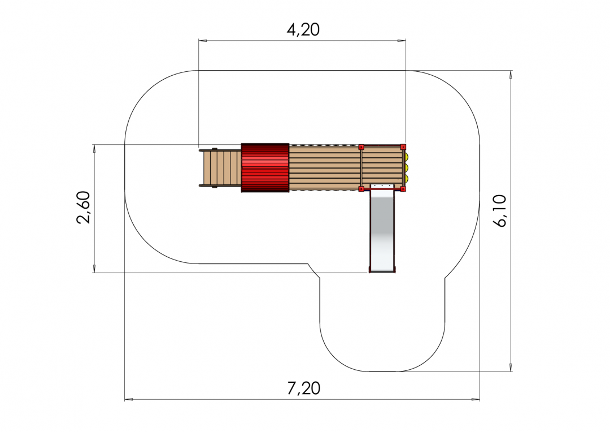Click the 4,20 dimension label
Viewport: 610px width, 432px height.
click(x=303, y=29)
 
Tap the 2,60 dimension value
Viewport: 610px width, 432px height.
click(x=84, y=207)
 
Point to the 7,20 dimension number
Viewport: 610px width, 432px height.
click(x=304, y=388)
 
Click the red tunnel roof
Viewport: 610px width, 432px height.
click(x=265, y=168)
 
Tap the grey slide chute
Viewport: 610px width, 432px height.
click(x=382, y=228)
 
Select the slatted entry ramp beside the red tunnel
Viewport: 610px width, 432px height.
click(x=220, y=167)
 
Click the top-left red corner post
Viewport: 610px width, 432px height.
click(x=361, y=147)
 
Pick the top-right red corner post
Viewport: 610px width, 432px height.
click(x=403, y=147)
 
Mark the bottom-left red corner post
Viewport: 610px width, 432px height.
click(x=361, y=189)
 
